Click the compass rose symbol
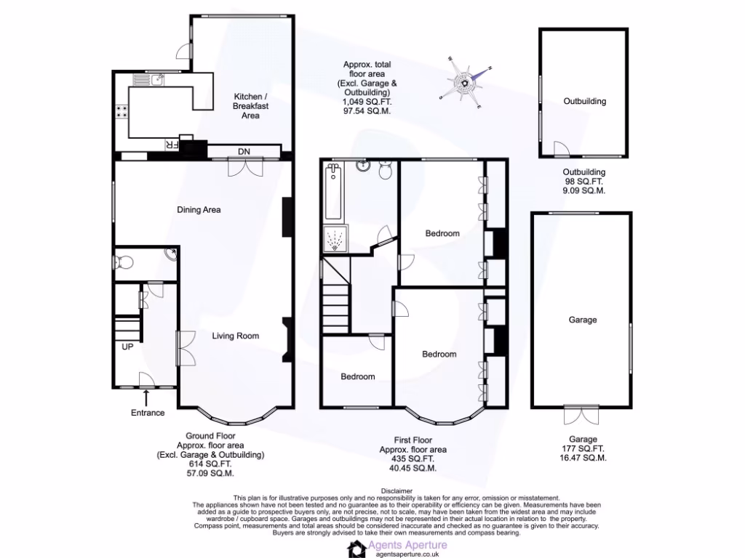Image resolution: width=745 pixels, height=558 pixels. click(x=464, y=84)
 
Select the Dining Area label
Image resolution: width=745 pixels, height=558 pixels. click(x=199, y=210)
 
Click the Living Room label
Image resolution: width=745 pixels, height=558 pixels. click(x=236, y=336)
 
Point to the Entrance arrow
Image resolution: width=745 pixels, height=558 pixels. click(x=147, y=397)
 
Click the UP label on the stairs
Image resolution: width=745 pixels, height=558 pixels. click(x=127, y=347)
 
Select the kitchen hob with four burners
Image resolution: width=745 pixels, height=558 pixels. click(x=121, y=113)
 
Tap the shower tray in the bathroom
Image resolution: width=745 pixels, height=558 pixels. click(x=335, y=240)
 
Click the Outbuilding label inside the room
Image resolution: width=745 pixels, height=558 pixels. click(x=584, y=102)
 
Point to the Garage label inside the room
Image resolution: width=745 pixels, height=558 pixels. click(x=583, y=320)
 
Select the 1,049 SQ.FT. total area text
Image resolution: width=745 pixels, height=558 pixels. click(x=367, y=102)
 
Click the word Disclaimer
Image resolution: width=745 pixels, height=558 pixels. click(x=397, y=490)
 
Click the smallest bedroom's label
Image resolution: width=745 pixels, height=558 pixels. click(x=358, y=376)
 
